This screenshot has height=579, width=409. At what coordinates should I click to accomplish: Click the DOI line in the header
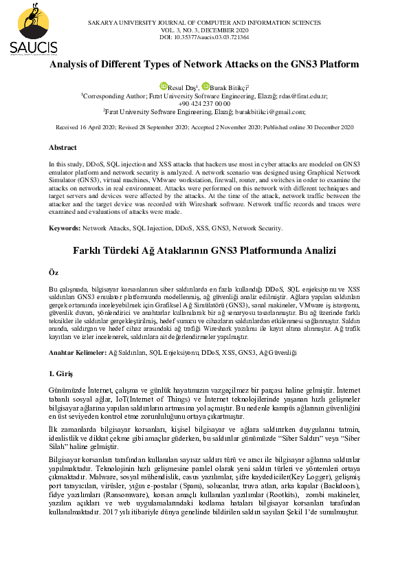(203, 37)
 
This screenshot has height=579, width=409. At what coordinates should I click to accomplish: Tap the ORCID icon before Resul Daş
(164, 86)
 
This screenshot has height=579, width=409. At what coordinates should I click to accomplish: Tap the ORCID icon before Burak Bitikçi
(205, 86)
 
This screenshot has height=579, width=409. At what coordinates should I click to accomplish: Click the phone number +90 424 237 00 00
(204, 103)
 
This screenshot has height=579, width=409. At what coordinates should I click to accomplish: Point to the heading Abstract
(63, 148)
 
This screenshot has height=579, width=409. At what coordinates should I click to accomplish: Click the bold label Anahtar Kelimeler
(78, 352)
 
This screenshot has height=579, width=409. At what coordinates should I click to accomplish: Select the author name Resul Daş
(182, 88)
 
